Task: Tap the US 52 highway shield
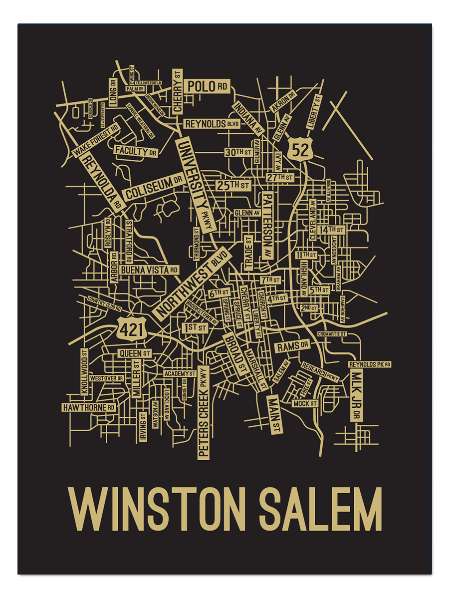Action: [301, 148]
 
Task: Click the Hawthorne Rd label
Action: [89, 407]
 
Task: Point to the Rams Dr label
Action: [293, 346]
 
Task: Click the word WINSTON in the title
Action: [160, 509]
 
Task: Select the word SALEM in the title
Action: [321, 509]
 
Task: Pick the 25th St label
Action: [233, 185]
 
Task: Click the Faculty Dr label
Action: [136, 151]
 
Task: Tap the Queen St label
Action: [134, 353]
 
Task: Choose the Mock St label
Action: [305, 403]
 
